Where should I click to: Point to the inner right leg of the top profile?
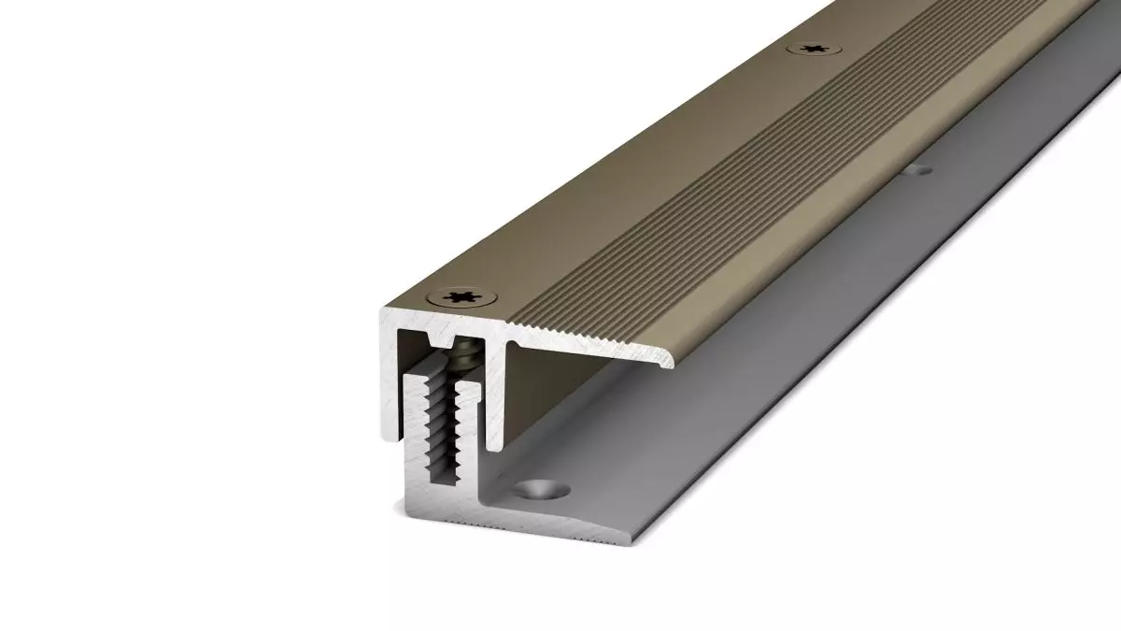pos(508,383)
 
